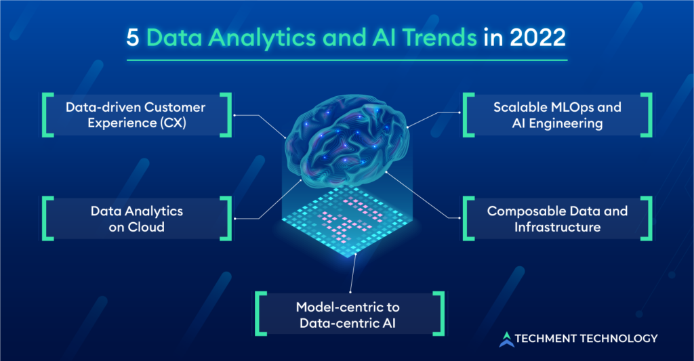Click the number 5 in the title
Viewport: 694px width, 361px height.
132,38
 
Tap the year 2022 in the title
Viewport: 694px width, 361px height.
537,38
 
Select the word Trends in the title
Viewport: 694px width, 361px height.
439,38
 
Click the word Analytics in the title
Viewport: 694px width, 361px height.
262,39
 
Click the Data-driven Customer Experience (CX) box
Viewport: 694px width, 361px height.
137,115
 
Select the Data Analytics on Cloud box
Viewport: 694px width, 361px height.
137,219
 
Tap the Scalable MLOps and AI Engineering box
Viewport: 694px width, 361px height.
557,115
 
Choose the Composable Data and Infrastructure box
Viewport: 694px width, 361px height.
557,219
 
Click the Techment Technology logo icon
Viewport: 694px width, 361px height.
507,339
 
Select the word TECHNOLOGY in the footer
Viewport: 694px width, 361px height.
619,339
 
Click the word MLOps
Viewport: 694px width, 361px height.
572,108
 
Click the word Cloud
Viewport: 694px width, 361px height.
146,227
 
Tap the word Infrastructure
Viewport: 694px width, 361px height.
557,227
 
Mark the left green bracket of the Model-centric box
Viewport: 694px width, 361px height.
261,314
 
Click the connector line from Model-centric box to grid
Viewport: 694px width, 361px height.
353,273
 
